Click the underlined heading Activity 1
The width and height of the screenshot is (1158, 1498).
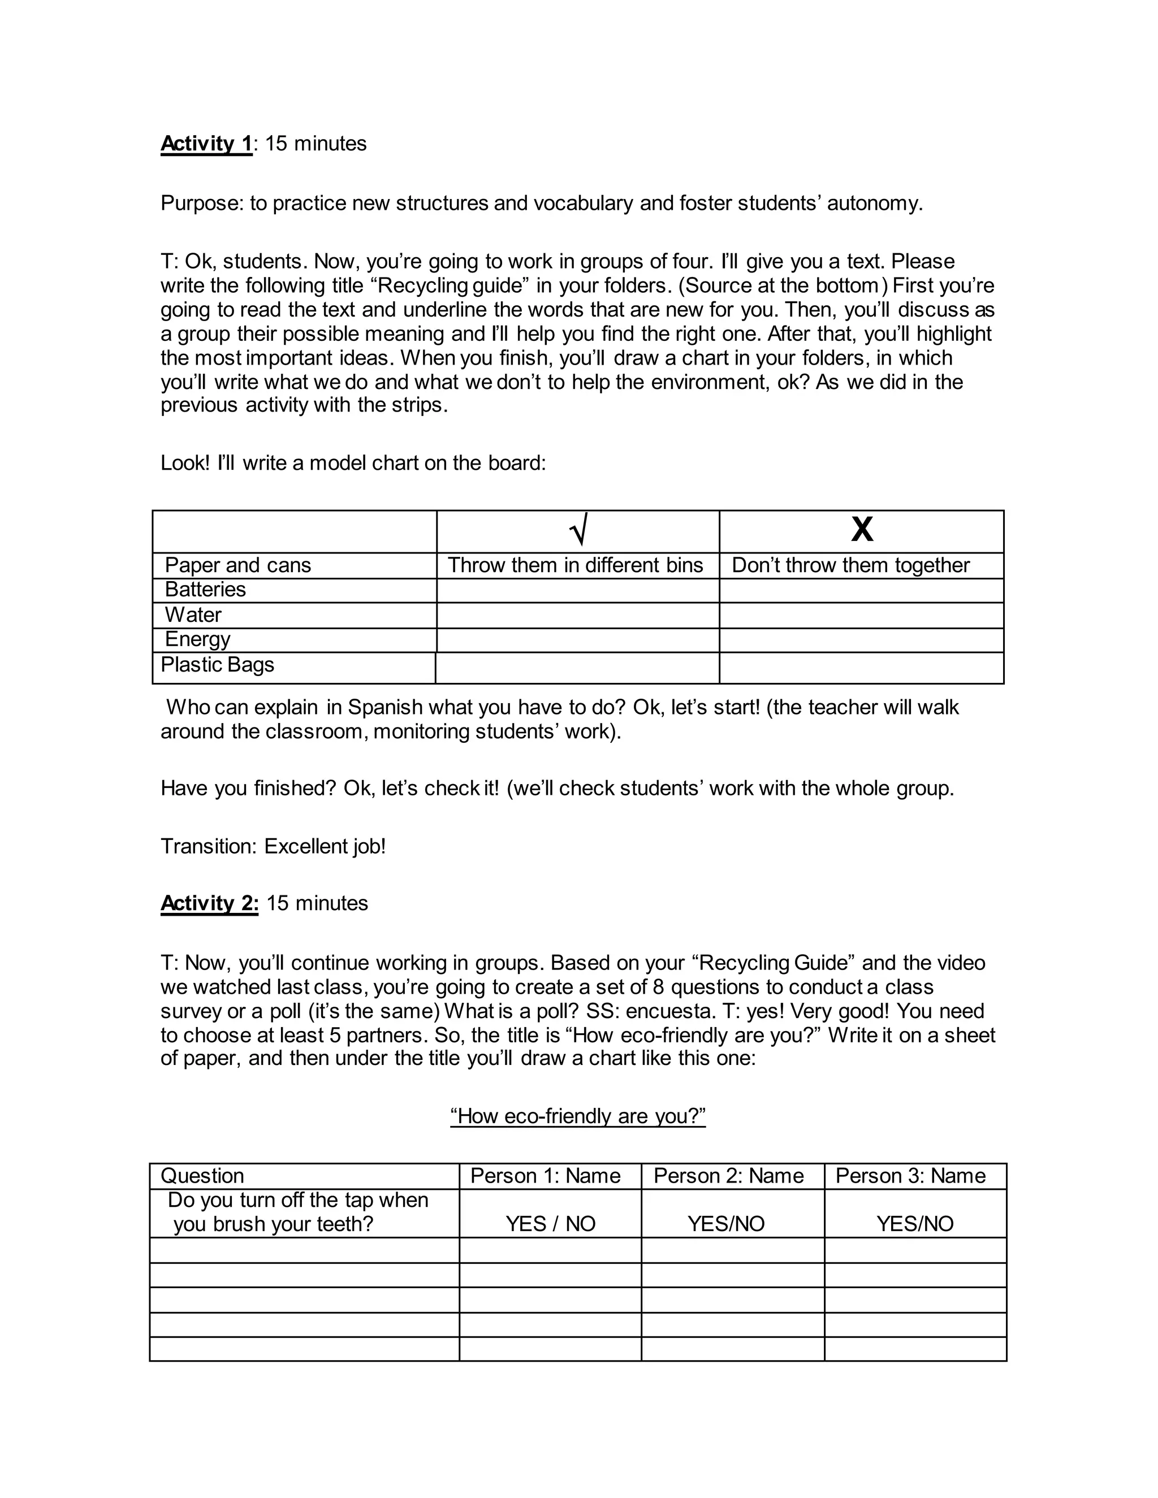206,144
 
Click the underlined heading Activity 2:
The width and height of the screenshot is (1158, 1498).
209,903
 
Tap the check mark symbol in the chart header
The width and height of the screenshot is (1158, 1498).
578,531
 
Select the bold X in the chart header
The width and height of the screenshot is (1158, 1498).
862,530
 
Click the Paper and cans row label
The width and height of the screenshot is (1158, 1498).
237,565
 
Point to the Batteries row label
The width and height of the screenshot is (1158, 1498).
205,589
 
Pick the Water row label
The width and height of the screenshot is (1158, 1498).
193,614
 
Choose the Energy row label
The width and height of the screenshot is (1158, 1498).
197,639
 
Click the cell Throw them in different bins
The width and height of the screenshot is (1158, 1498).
576,565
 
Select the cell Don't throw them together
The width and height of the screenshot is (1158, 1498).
850,565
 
